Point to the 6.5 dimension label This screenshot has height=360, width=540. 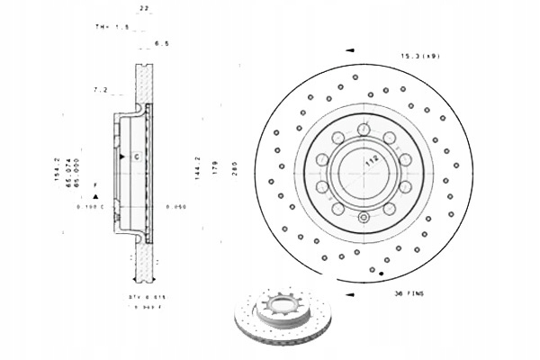point(162,42)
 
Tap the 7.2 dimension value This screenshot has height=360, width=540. point(101,91)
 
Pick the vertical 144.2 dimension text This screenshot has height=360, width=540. point(197,166)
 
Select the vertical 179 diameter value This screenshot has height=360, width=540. point(214,166)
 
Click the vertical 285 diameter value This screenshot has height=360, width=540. point(234,166)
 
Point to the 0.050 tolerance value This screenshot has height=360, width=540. point(175,208)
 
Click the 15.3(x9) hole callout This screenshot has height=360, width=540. point(419,57)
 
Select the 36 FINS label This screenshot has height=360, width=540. point(408,292)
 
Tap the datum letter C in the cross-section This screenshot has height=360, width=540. point(135,157)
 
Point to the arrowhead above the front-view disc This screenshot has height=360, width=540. point(349,51)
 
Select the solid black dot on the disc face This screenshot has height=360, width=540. point(382,273)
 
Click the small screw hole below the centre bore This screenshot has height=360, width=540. point(362,217)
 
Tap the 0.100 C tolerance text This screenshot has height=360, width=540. point(90,208)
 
